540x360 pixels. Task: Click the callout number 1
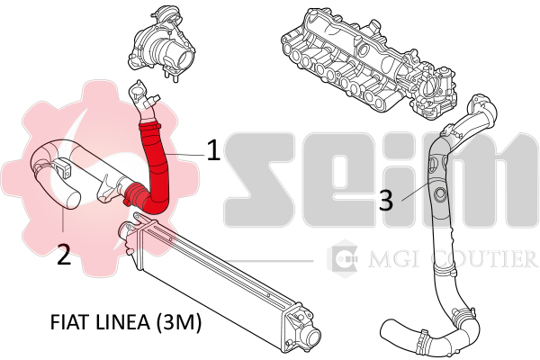pos(213,149)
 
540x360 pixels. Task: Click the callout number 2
pos(63,255)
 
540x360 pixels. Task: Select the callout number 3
pos(385,200)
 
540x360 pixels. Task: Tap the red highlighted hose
pos(155,166)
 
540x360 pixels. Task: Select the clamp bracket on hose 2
pos(66,167)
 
